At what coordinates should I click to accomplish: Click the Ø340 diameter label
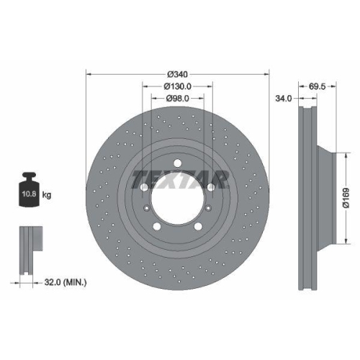pyautogui.click(x=177, y=74)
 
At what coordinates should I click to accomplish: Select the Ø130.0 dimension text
pyautogui.click(x=177, y=86)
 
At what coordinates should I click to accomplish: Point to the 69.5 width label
pyautogui.click(x=318, y=86)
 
